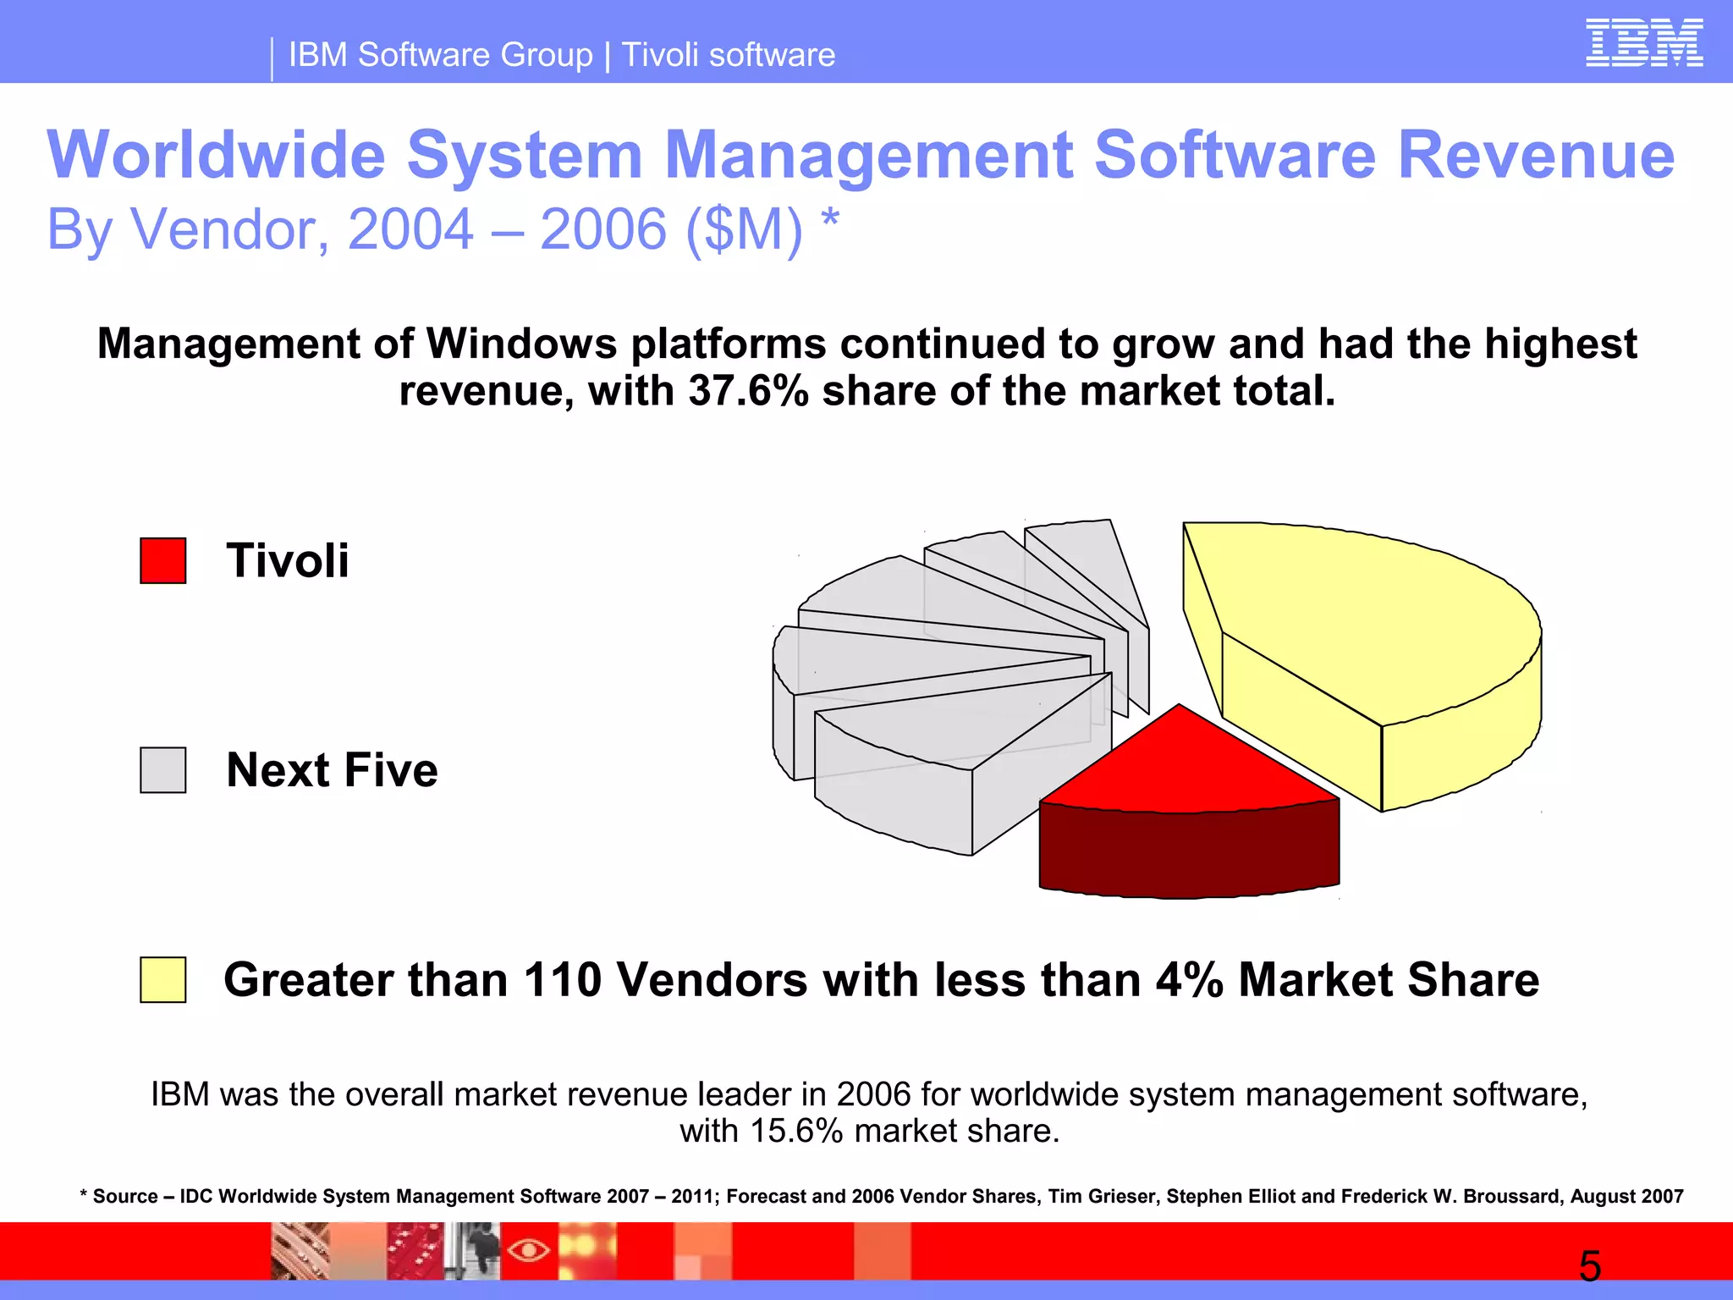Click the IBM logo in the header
1643,43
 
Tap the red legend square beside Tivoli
162,560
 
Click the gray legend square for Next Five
162,769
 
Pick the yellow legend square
162,979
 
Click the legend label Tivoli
287,560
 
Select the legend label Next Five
332,770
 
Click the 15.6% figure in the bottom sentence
795,1132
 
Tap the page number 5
1589,1267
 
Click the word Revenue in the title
1535,155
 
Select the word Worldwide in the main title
216,155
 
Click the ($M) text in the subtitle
743,229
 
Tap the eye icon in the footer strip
529,1250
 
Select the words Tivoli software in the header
729,55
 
